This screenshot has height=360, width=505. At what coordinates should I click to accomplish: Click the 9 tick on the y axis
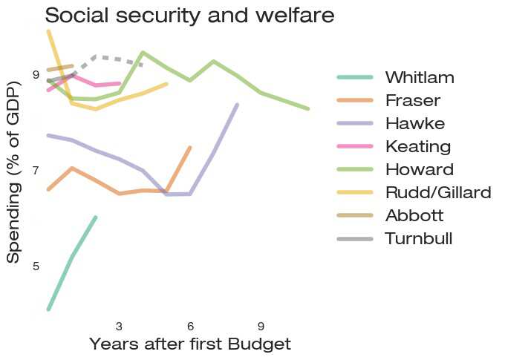pyautogui.click(x=36, y=74)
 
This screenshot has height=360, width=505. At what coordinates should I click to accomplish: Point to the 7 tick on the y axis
pyautogui.click(x=36, y=171)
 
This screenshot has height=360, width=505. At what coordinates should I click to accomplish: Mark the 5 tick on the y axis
pyautogui.click(x=36, y=266)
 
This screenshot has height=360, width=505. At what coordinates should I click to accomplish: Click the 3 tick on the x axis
pyautogui.click(x=119, y=327)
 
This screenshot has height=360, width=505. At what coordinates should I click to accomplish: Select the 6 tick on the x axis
pyautogui.click(x=190, y=327)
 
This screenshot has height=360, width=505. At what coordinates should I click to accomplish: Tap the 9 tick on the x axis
pyautogui.click(x=261, y=327)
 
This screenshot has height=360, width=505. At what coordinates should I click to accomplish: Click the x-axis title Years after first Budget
pyautogui.click(x=190, y=344)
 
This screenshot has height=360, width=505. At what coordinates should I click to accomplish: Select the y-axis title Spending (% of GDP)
pyautogui.click(x=13, y=171)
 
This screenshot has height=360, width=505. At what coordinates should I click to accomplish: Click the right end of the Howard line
pyautogui.click(x=308, y=109)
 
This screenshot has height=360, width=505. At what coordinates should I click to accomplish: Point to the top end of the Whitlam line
pyautogui.click(x=96, y=217)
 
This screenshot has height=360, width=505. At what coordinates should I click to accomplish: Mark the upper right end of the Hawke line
pyautogui.click(x=238, y=105)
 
